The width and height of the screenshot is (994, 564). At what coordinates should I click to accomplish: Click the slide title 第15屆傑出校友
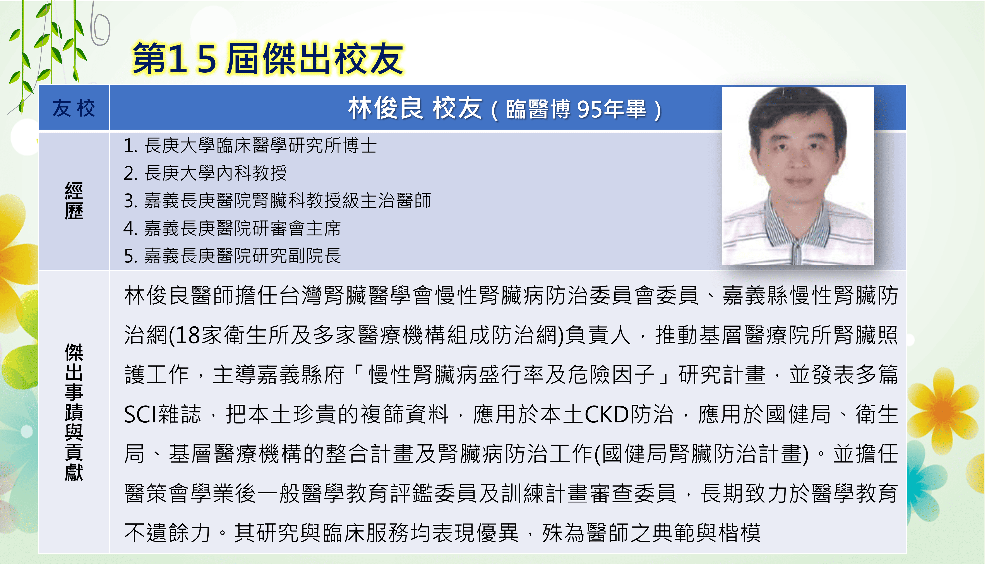[x=268, y=59]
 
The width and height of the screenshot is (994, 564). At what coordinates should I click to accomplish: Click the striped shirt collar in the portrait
[x=798, y=228]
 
